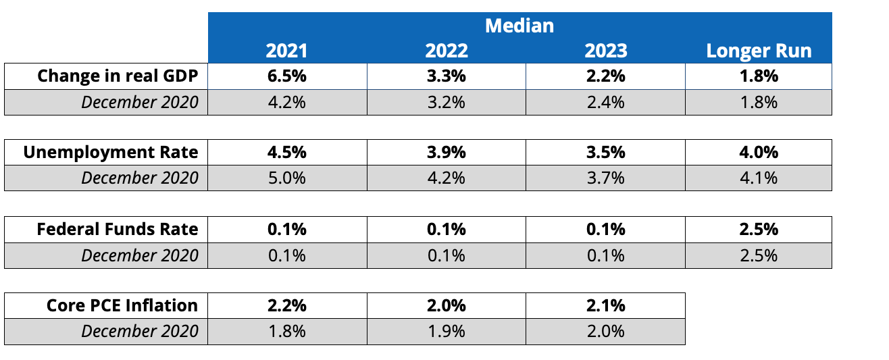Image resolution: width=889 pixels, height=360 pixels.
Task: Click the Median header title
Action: tap(519, 26)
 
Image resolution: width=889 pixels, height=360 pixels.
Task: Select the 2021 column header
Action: tap(286, 51)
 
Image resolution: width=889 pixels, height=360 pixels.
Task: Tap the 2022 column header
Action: tap(446, 51)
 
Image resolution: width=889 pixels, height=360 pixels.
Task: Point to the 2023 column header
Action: tap(606, 51)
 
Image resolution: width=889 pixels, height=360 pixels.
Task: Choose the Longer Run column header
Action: tap(759, 51)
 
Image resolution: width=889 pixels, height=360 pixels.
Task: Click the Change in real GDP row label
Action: tap(118, 76)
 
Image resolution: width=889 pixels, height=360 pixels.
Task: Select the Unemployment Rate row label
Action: tap(110, 153)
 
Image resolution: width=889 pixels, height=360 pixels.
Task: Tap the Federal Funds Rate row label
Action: tap(118, 230)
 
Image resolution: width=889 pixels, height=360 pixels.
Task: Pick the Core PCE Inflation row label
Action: tap(122, 305)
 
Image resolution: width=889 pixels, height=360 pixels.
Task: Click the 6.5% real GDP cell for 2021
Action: tap(287, 76)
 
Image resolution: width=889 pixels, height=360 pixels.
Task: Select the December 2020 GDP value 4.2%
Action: tap(287, 103)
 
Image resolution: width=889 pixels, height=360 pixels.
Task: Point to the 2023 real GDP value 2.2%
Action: tap(606, 76)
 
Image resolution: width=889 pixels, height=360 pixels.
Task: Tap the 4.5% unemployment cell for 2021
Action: tap(287, 153)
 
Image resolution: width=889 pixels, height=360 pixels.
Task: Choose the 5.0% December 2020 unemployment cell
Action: tap(287, 178)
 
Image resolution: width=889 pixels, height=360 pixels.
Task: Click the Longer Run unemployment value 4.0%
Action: tap(759, 153)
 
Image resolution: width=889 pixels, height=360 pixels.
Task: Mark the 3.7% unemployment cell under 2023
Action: tap(606, 178)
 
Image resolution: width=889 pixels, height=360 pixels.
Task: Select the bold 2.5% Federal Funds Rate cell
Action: tap(759, 230)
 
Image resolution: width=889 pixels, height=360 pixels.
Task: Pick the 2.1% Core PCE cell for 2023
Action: tap(606, 305)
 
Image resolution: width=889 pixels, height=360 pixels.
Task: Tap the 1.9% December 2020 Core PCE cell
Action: tap(446, 332)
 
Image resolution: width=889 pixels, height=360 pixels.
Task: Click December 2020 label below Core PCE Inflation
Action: tap(140, 332)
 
